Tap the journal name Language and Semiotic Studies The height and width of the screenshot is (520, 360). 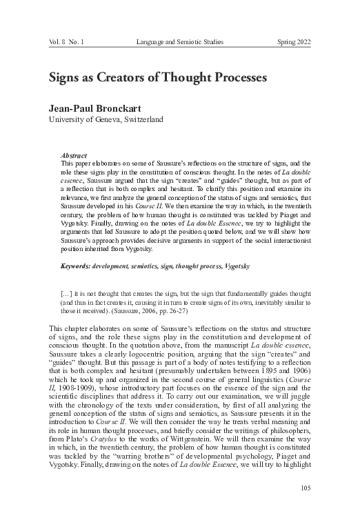point(180,42)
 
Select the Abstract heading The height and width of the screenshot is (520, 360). point(73,157)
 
